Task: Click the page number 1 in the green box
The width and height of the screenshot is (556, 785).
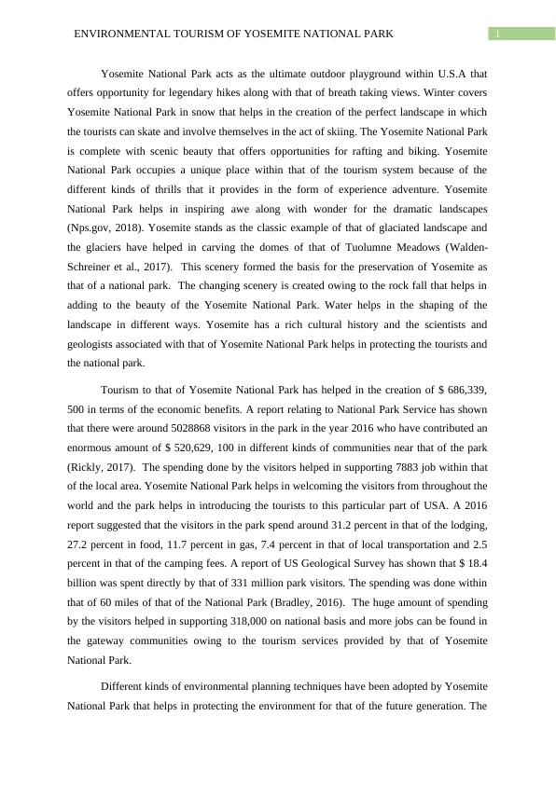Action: click(498, 34)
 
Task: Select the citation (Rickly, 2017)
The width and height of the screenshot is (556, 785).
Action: click(103, 467)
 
